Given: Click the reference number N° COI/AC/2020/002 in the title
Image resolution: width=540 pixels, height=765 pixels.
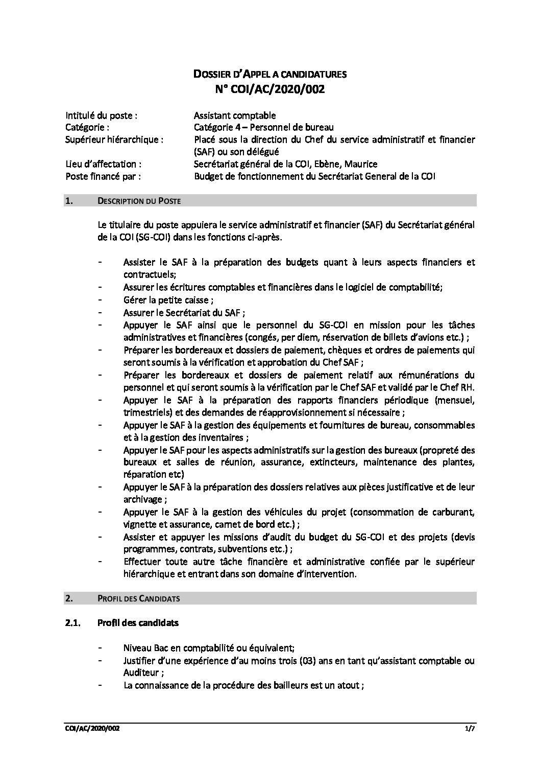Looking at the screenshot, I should [269, 89].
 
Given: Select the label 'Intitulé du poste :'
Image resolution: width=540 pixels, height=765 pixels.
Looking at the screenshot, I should [101, 115].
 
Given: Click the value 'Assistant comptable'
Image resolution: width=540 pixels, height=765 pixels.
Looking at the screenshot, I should [235, 115].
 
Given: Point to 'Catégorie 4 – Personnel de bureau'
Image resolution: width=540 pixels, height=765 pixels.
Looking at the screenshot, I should [263, 127].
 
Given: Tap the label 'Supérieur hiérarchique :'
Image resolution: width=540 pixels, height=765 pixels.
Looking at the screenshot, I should [115, 140].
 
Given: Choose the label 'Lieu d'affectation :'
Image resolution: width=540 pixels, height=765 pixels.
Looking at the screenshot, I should [104, 164].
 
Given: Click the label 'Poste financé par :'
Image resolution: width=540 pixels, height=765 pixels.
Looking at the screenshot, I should [103, 176].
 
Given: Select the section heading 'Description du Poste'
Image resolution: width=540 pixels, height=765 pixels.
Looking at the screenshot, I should [138, 201].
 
